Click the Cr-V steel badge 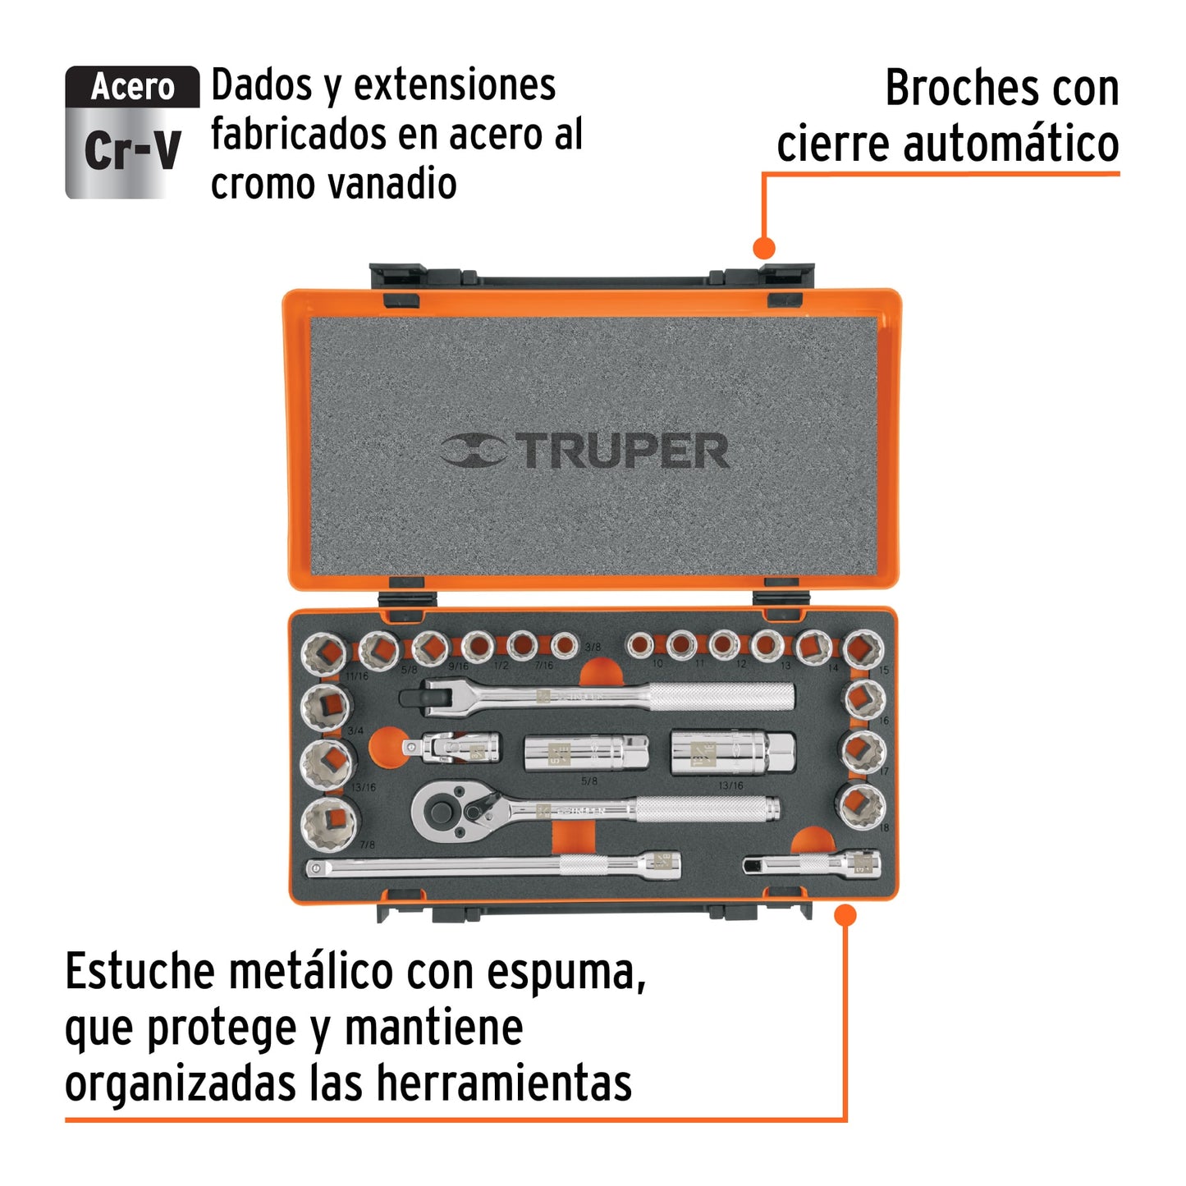click(132, 132)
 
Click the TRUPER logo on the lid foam click(584, 451)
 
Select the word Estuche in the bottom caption click(140, 973)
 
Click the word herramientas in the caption click(504, 1083)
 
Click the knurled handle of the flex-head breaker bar click(721, 698)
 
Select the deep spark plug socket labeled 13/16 click(732, 753)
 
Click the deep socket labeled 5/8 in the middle click(585, 753)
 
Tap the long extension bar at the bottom click(492, 865)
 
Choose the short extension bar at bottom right click(812, 864)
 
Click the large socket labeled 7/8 click(330, 824)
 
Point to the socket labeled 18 click(861, 805)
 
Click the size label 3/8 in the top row click(593, 647)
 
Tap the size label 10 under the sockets click(657, 663)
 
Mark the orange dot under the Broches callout click(764, 247)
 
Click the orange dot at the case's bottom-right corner click(845, 915)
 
